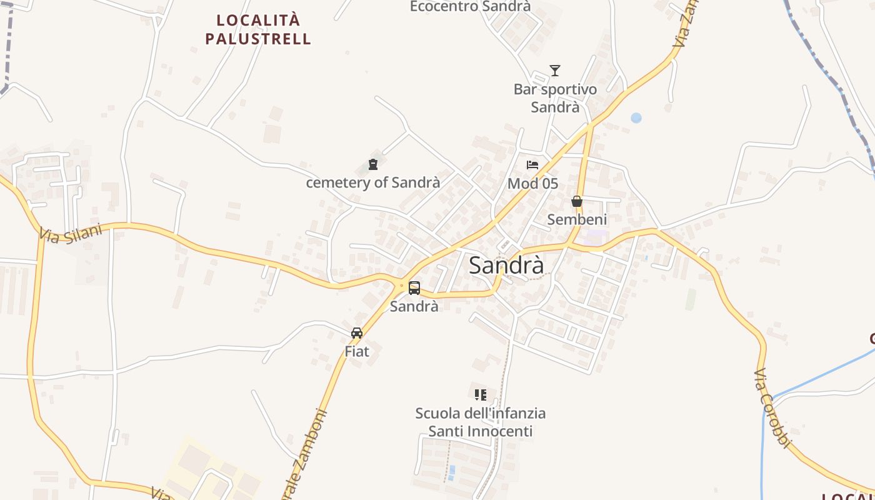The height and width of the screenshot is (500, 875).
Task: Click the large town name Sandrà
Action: click(x=506, y=265)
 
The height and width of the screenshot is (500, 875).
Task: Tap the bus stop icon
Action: click(x=414, y=288)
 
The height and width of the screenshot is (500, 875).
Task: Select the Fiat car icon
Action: click(x=357, y=333)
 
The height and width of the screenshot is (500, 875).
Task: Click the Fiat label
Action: click(x=357, y=351)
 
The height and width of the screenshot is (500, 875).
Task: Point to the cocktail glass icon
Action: click(x=555, y=70)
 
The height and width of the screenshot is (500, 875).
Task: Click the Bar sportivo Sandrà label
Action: click(x=555, y=98)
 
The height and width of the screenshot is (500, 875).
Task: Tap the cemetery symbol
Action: click(x=373, y=164)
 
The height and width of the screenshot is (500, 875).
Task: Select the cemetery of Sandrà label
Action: click(x=373, y=182)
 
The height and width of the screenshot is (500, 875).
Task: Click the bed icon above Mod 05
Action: click(x=532, y=165)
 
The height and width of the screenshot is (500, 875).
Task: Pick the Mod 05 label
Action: click(x=532, y=183)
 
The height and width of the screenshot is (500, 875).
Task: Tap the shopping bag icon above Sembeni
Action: click(x=577, y=201)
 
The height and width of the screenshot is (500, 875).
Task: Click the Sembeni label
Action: click(x=577, y=219)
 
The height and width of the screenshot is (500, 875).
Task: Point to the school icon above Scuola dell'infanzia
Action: click(x=480, y=394)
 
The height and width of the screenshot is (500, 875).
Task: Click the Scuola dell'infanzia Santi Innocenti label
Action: click(x=480, y=422)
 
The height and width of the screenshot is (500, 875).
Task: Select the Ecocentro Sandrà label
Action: click(x=470, y=6)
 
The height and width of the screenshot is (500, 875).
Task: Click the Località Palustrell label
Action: click(x=258, y=29)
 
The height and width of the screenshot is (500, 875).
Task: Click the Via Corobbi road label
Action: click(x=772, y=408)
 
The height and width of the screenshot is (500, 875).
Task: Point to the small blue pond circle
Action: click(x=636, y=117)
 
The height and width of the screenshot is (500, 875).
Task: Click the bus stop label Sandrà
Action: click(x=414, y=306)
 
